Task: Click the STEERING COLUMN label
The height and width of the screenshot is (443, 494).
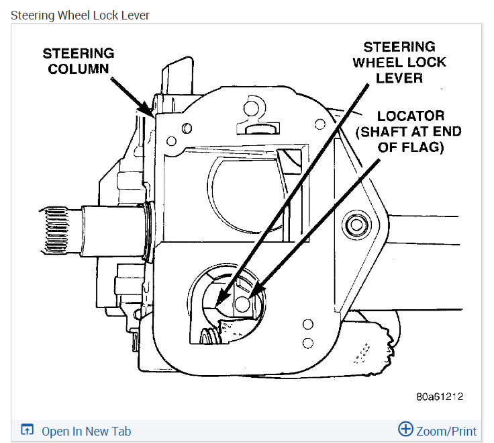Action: tap(79, 61)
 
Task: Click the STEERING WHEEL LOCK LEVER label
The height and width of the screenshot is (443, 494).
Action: tap(399, 62)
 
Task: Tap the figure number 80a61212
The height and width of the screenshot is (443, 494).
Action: tap(440, 397)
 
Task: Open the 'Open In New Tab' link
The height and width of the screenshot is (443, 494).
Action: tap(86, 432)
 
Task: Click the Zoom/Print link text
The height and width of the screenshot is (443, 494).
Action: tap(446, 432)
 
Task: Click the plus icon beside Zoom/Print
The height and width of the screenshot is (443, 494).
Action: tap(405, 430)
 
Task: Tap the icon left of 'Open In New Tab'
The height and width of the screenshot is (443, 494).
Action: tap(28, 431)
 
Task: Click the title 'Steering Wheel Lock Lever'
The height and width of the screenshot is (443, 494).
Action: tap(80, 15)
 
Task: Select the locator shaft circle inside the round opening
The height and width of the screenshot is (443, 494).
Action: tap(242, 303)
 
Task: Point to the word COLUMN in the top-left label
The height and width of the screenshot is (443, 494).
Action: tap(79, 68)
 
